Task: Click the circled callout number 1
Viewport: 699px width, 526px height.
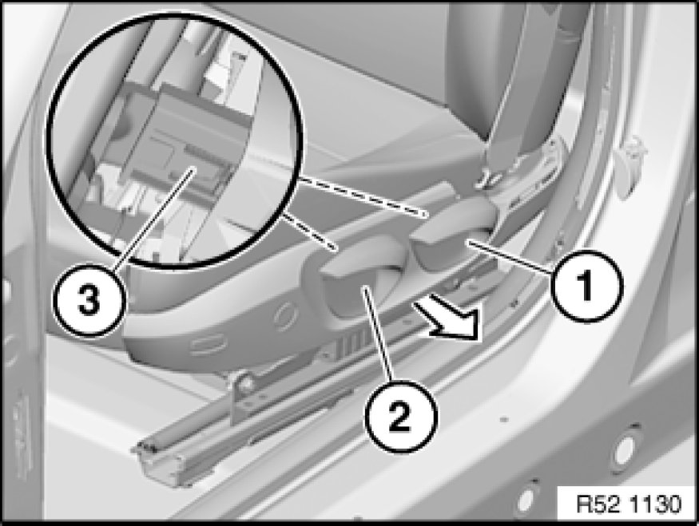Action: [586, 286]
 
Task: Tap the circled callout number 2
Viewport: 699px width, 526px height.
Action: [400, 417]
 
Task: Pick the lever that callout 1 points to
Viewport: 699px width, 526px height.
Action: [451, 240]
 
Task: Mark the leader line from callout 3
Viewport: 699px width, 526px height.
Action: [154, 217]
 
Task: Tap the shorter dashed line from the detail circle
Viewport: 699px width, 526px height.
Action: [308, 231]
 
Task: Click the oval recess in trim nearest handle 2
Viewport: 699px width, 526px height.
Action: [285, 316]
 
